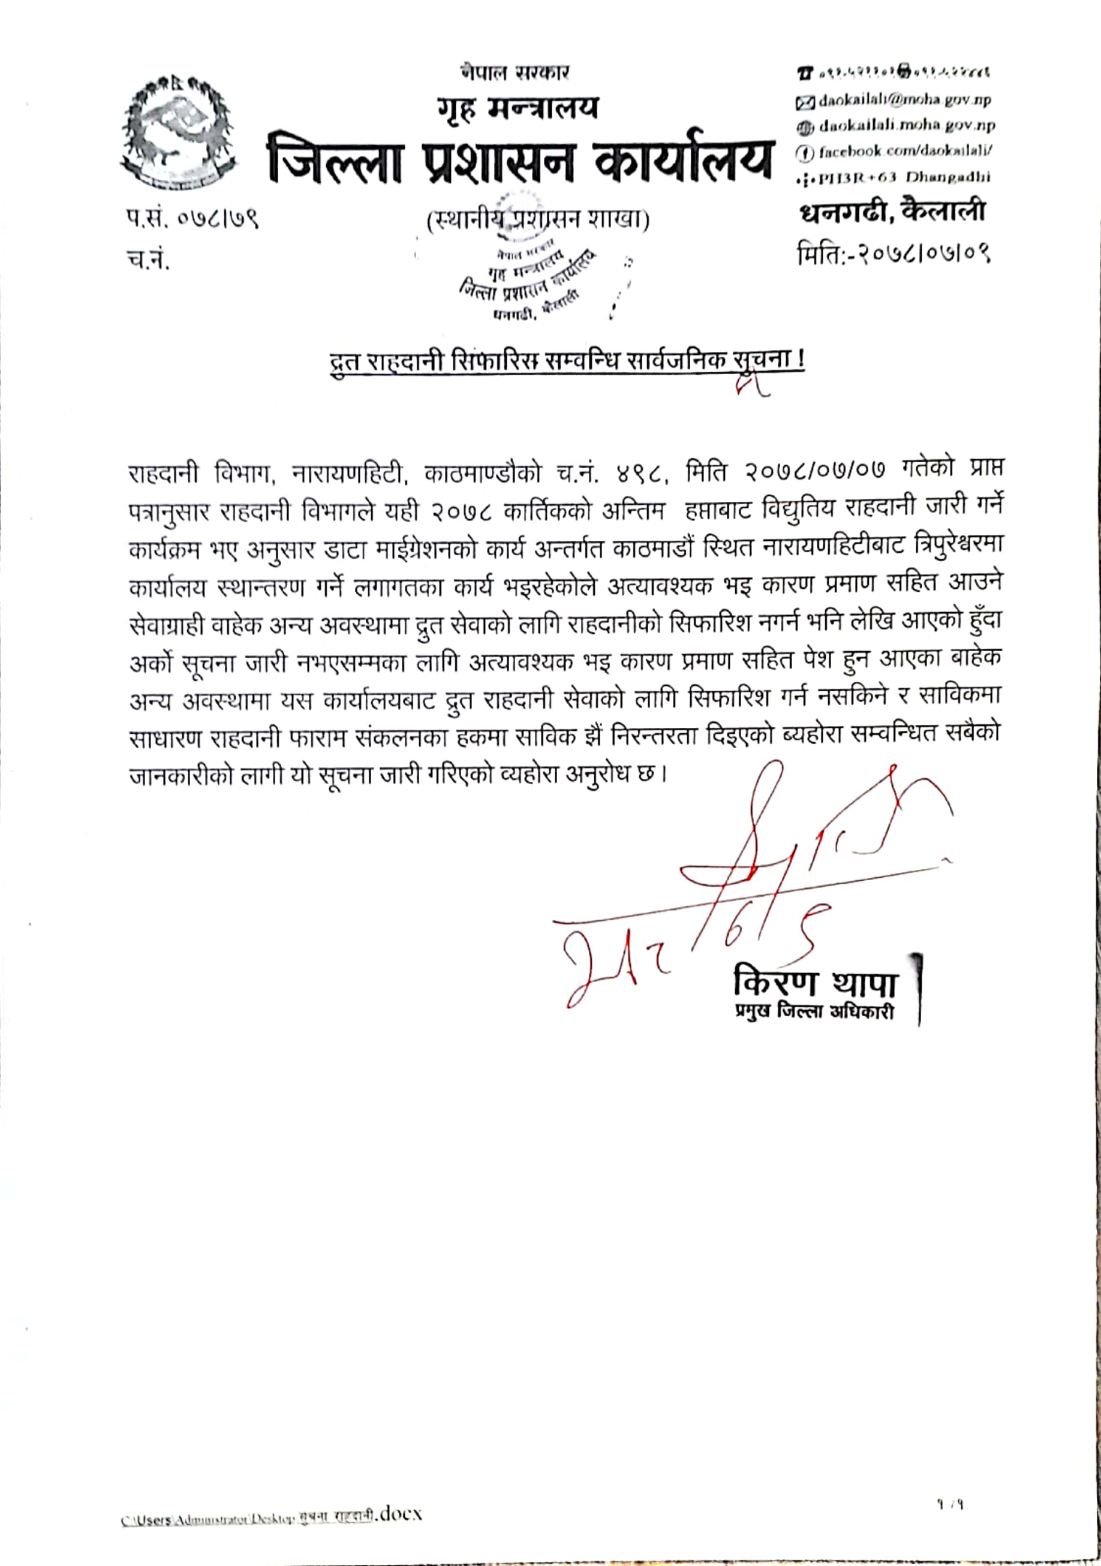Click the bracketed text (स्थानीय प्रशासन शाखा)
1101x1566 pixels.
pos(537,219)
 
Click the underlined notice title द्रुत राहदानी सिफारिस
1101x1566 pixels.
pos(566,361)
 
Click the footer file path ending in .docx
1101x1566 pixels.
pos(272,1515)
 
